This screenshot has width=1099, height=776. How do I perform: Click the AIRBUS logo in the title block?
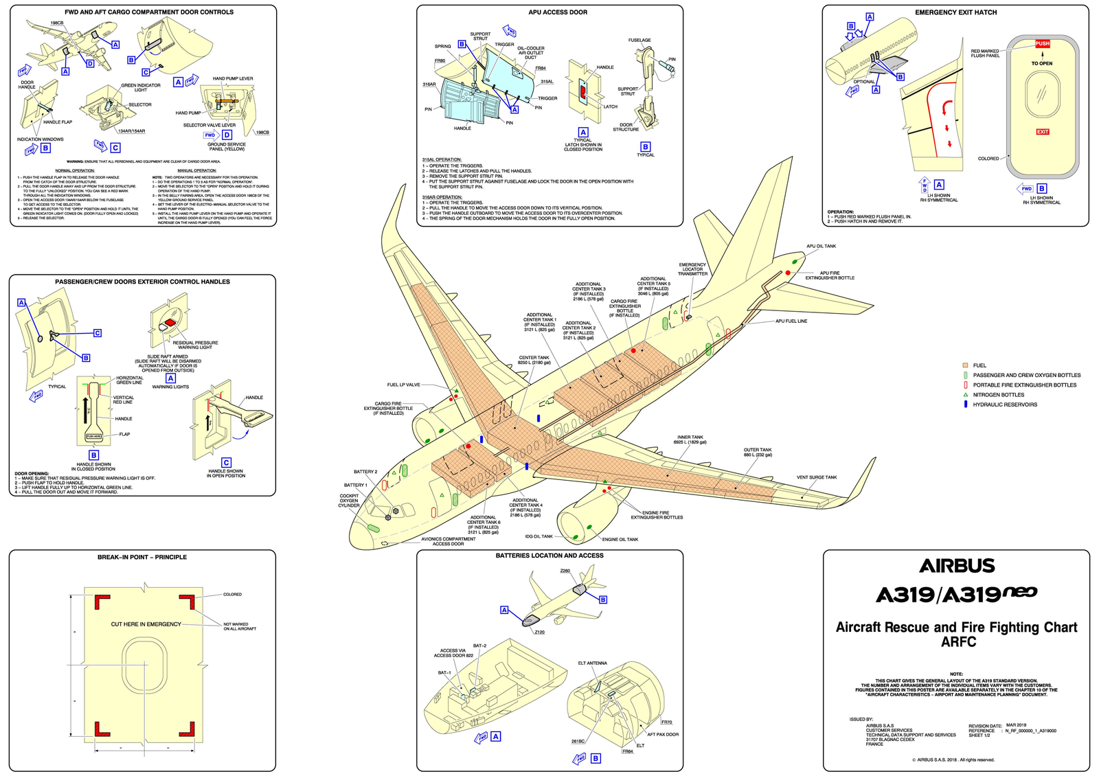pos(957,566)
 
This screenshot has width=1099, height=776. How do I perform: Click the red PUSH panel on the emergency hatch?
pos(1042,43)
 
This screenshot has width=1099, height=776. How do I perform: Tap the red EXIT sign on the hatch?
pos(1042,132)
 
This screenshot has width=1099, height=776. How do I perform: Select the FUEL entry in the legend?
pos(979,365)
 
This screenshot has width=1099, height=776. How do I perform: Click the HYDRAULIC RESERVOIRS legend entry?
pos(1004,404)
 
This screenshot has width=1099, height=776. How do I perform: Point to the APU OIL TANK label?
pos(821,246)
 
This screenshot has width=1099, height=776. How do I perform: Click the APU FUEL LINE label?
pos(791,321)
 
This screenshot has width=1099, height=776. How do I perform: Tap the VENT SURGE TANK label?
pos(817,477)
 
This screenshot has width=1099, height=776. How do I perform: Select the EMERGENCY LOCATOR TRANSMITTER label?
pos(692,269)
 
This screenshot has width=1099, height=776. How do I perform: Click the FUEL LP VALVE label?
pos(403,385)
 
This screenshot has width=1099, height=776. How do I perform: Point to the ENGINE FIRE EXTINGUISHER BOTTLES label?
pos(657,515)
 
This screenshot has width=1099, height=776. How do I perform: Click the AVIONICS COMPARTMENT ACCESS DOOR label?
pos(448,541)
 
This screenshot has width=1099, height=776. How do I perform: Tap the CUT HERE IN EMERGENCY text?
pos(146,624)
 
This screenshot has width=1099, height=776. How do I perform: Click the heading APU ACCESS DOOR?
pos(558,12)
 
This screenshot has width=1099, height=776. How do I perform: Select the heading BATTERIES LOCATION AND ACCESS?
pos(549,556)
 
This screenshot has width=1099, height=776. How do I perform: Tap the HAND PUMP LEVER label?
pos(233,78)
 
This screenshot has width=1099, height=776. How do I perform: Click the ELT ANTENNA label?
pos(592,663)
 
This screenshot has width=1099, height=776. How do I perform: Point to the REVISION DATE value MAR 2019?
pos(1016,725)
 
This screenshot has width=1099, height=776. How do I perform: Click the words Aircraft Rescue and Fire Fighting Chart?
pos(956,627)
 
